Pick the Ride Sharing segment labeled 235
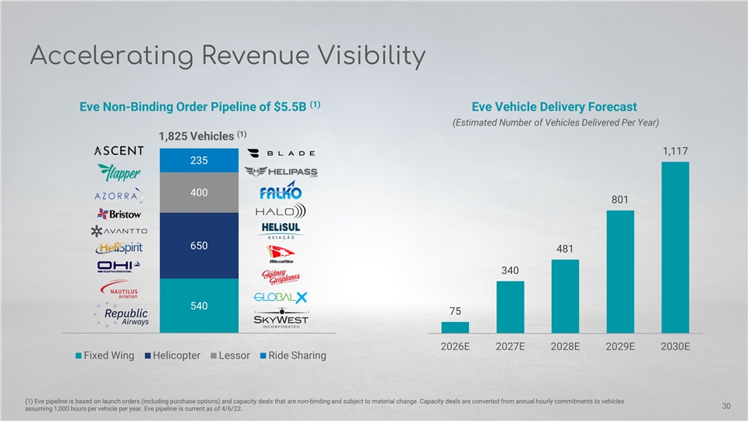(199, 159)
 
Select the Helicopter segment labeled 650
(199, 245)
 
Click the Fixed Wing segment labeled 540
(199, 306)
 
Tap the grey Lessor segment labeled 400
(199, 192)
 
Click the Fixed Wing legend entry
(106, 356)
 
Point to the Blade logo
(280, 153)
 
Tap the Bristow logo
(118, 213)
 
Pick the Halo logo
(280, 210)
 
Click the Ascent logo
(118, 150)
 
